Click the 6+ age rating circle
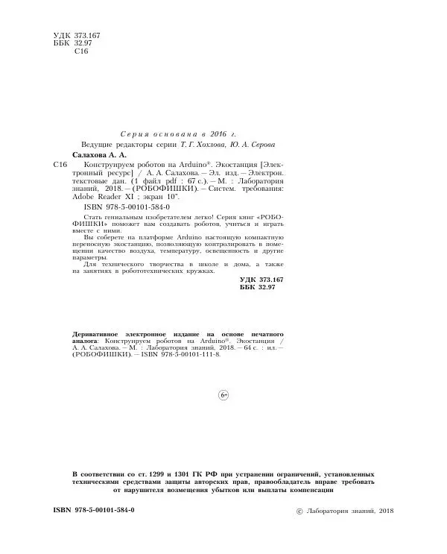[x=223, y=394]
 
